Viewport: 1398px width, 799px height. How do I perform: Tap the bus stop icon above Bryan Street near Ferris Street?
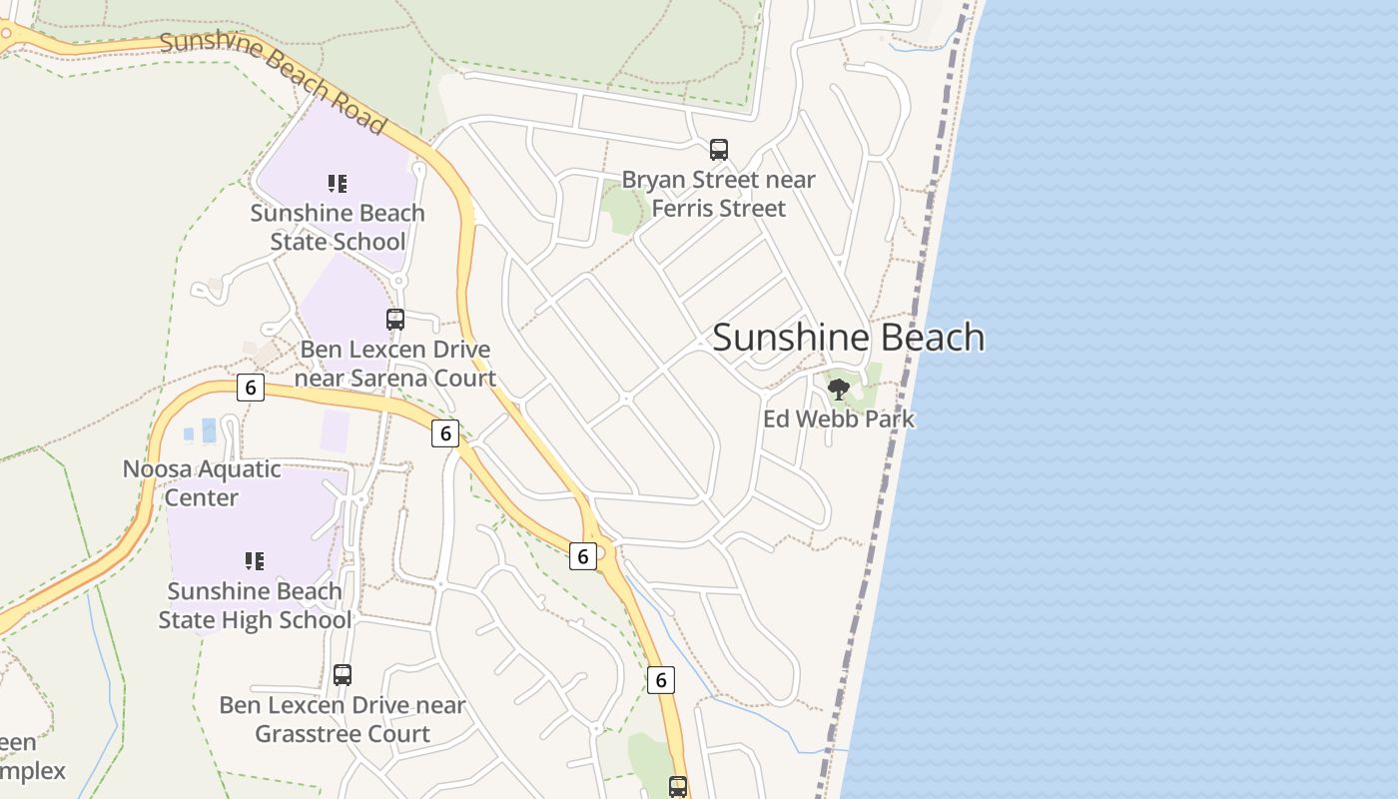718,150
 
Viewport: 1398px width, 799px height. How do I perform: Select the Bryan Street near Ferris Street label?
718,194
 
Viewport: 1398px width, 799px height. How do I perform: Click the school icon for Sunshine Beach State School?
338,184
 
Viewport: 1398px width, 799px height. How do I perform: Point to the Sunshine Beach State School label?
338,227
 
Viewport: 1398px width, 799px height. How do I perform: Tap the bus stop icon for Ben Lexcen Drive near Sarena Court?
395,320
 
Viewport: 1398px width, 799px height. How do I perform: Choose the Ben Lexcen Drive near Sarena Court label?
396,364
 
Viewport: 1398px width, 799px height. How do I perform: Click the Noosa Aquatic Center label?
202,482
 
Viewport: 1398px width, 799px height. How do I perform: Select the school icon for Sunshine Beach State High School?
255,561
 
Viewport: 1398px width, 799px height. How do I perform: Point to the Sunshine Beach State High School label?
255,605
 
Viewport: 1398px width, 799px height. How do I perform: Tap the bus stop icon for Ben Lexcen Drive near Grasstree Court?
343,675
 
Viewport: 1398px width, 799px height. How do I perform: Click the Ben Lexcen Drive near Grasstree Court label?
343,719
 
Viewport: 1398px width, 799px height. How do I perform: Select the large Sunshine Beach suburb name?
848,338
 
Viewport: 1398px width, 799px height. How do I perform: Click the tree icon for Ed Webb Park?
839,389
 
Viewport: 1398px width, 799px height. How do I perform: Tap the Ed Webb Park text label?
839,418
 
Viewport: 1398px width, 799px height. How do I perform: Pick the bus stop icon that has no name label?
678,786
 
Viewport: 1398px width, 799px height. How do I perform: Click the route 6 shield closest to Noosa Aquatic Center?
251,388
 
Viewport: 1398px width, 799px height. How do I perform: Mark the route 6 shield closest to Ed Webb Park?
583,555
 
